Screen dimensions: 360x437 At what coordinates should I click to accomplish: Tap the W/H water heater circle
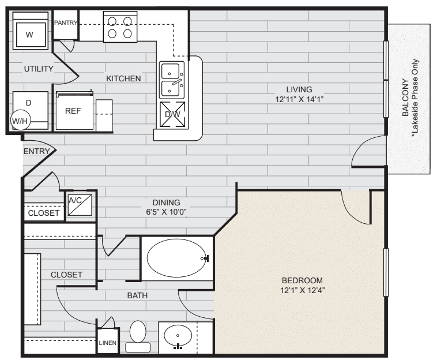(x=21, y=121)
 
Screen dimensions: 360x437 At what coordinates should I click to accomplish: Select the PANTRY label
(x=65, y=22)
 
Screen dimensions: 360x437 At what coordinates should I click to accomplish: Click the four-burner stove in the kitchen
(x=120, y=27)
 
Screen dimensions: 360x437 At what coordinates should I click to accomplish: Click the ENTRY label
(x=35, y=151)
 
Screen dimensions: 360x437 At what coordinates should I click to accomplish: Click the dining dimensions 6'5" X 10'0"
(x=167, y=212)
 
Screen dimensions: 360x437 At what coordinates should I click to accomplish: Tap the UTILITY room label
(x=39, y=69)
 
